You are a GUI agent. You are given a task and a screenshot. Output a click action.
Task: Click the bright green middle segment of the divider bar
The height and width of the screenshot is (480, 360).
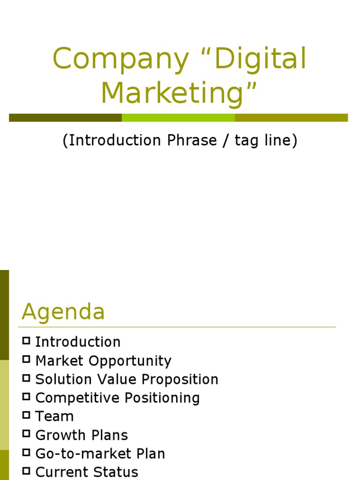(x=178, y=118)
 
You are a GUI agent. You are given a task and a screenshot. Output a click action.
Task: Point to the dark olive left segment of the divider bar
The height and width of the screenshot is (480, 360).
(x=65, y=118)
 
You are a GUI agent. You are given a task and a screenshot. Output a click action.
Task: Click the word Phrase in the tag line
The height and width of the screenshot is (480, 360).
(x=187, y=141)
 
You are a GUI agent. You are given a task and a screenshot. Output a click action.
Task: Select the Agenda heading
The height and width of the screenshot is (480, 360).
(x=63, y=312)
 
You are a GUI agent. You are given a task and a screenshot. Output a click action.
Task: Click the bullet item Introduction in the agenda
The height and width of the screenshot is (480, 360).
(x=78, y=342)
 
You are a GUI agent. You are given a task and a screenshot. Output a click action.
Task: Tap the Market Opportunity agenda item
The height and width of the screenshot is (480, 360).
(x=103, y=361)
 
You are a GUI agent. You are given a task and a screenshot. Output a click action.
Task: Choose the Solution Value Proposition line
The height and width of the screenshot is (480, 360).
(x=127, y=379)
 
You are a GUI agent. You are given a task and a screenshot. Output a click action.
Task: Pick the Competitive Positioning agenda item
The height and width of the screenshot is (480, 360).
(x=117, y=398)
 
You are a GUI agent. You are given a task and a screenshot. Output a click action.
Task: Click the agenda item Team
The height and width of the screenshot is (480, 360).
(x=54, y=416)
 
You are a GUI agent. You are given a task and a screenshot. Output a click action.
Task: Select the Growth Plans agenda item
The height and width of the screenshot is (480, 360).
(x=82, y=435)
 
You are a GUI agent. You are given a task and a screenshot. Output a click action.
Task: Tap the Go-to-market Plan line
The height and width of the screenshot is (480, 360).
(x=100, y=454)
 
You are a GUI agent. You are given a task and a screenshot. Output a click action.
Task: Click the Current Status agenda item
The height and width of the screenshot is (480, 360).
(x=87, y=472)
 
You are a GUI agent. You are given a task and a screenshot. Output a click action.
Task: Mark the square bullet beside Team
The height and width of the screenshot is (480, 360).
(x=26, y=415)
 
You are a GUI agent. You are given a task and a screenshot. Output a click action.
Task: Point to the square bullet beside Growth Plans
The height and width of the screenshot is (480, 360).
(x=26, y=434)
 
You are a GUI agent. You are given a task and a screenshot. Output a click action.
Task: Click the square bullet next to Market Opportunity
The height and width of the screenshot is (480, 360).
(x=26, y=360)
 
